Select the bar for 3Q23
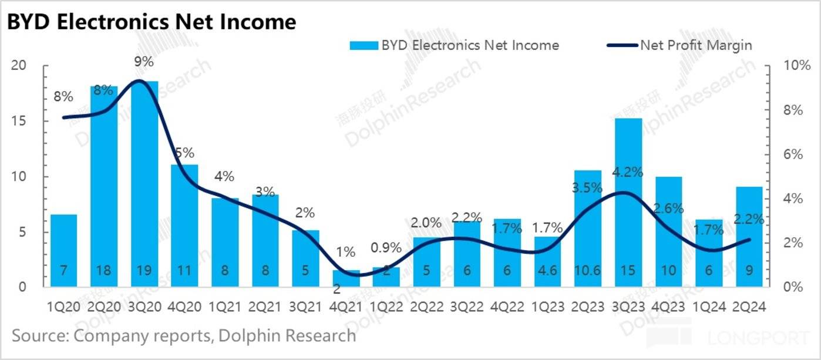(628, 203)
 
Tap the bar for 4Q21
(346, 278)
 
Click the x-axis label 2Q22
(427, 307)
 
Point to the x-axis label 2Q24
(750, 307)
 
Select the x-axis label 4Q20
(185, 307)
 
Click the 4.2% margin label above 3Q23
(628, 173)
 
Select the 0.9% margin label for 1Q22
(386, 248)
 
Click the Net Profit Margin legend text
(696, 45)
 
